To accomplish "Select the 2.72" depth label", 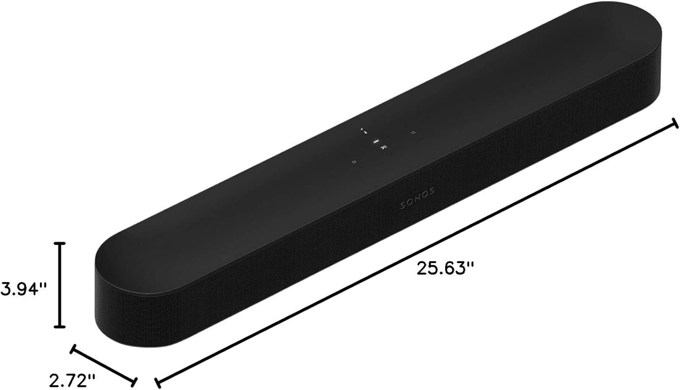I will tap(73, 378).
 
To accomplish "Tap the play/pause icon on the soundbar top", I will tap(384, 147).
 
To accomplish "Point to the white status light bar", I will tap(375, 141).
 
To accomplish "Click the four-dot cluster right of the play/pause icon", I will tap(413, 132).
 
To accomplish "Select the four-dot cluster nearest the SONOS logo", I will tap(354, 161).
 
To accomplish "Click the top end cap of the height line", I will tap(60, 244).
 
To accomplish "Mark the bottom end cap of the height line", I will tap(60, 326).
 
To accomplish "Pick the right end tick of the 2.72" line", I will tap(134, 380).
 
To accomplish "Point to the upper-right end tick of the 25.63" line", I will tap(675, 123).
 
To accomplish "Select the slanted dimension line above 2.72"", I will tap(103, 364).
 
